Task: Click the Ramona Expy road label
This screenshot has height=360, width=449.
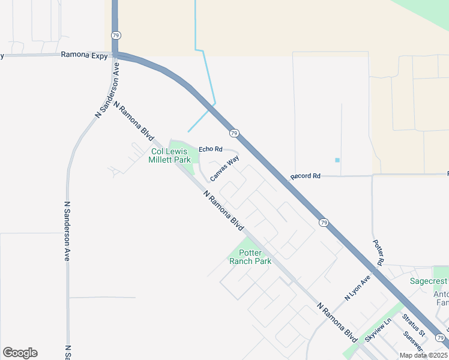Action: coord(84,55)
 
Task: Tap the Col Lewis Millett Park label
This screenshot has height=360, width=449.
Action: coord(170,155)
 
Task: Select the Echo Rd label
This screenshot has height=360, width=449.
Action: coord(211,149)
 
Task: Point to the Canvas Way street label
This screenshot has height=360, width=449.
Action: coord(224,164)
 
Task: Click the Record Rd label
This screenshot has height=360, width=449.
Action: coord(306,176)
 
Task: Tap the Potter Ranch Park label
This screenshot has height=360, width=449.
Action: coord(255,257)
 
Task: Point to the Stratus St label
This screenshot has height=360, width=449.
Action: coord(414,325)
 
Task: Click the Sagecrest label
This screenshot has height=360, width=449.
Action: coord(429,281)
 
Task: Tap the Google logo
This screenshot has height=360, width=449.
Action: coord(20,353)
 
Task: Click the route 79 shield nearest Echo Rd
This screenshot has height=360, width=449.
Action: coord(234,133)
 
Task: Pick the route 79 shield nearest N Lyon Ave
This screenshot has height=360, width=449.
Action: coord(324,223)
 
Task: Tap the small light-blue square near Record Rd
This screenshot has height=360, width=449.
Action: coord(337,160)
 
